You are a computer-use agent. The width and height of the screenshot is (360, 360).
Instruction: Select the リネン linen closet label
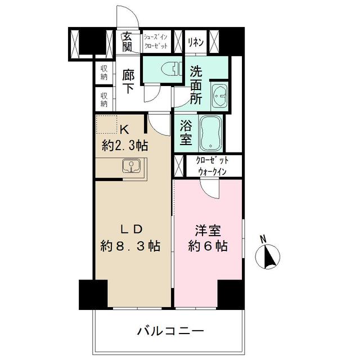[196, 41]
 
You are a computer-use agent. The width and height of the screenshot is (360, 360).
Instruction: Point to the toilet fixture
[168, 69]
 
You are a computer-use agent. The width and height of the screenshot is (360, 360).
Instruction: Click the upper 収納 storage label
[104, 73]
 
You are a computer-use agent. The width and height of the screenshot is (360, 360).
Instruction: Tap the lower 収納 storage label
[104, 100]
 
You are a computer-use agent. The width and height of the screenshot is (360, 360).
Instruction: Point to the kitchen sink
[132, 166]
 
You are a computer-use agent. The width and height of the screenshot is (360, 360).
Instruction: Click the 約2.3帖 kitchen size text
[125, 146]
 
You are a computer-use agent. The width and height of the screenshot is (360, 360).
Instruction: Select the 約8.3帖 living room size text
[130, 246]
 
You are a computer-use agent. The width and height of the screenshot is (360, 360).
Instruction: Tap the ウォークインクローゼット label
[211, 166]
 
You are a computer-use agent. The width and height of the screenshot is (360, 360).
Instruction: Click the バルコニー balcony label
[170, 330]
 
